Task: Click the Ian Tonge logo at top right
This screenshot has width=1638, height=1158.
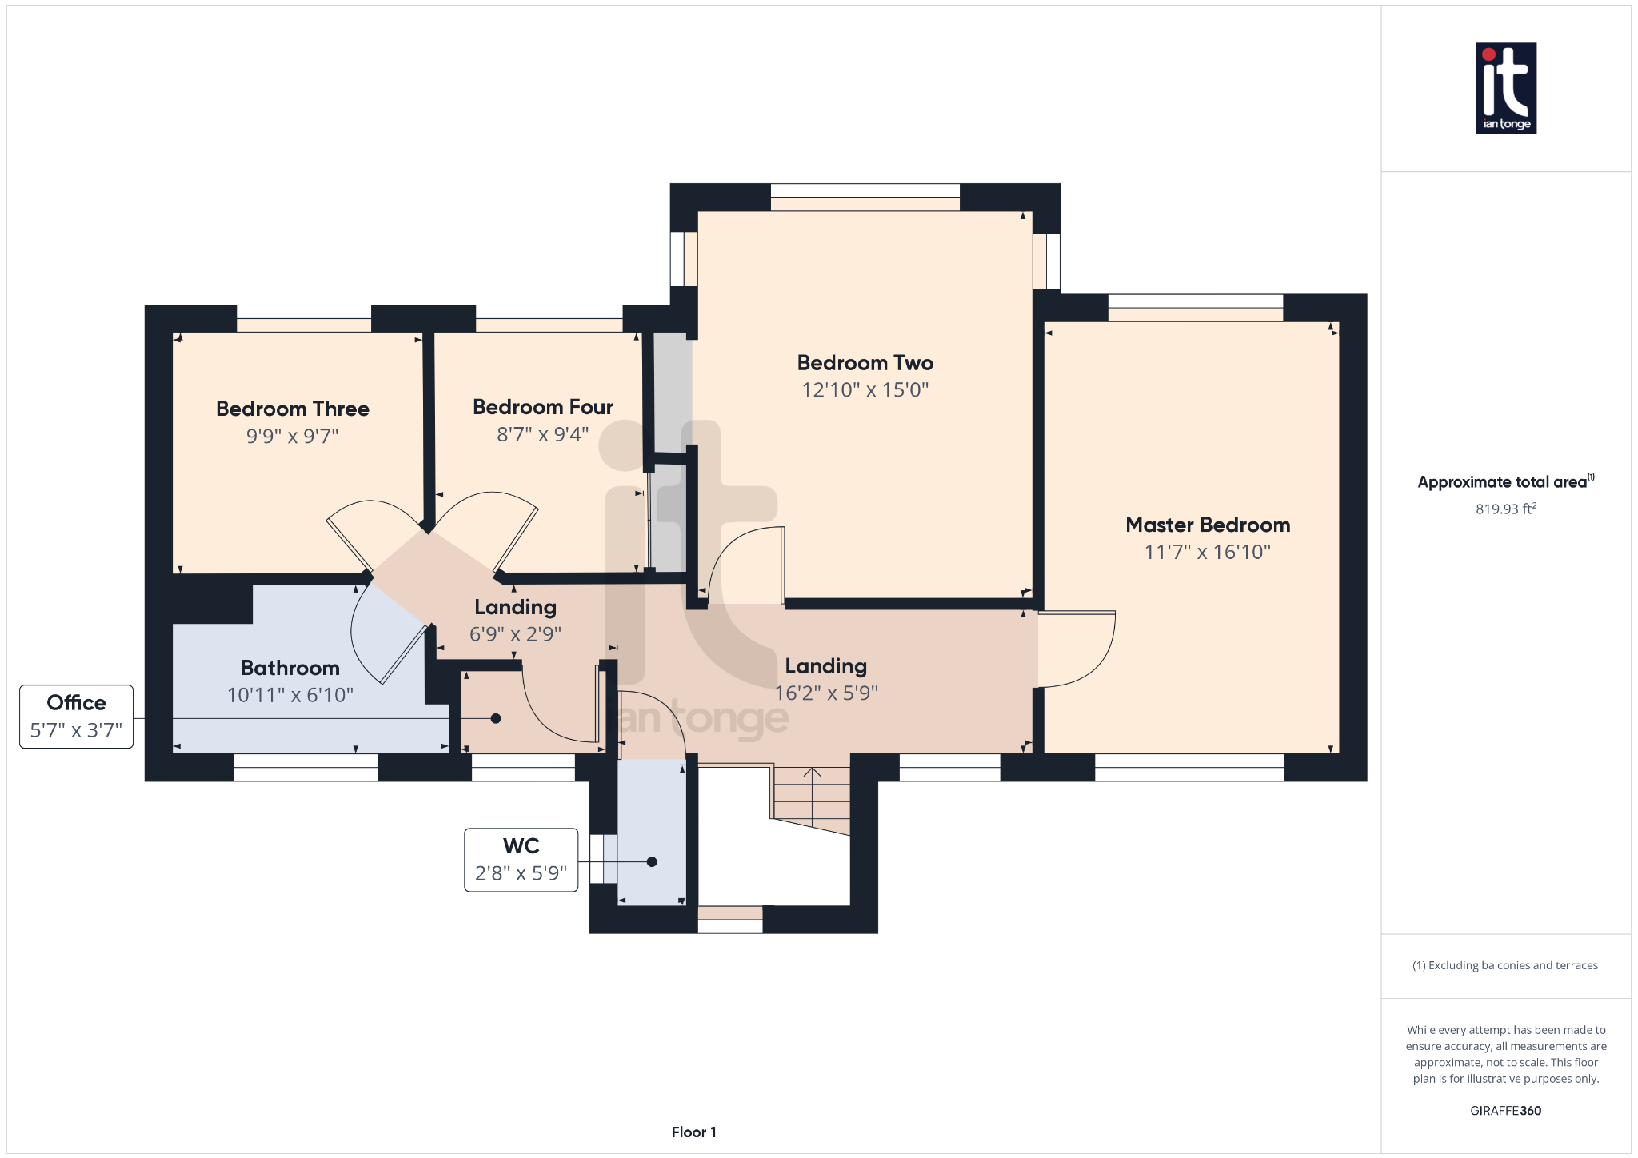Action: coord(1505,88)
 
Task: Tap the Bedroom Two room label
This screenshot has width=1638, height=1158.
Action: coord(865,363)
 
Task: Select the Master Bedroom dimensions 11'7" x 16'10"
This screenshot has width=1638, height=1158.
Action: coord(1207,552)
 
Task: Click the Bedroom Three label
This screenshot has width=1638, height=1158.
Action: coord(292,409)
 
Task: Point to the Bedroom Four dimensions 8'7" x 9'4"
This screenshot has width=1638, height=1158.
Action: coord(542,434)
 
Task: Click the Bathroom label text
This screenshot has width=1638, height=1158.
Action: coord(290,668)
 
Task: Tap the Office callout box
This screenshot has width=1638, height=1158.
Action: coord(76,717)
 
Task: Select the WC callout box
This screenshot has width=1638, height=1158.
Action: coord(521,860)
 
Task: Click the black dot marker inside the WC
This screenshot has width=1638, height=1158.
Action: coord(652,861)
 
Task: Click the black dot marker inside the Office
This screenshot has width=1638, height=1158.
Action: coord(496,718)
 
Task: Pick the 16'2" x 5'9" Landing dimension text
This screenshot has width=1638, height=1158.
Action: coord(825,693)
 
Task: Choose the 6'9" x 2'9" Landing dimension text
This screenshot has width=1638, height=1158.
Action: coord(515,634)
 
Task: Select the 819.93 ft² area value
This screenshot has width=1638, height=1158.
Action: coord(1505,509)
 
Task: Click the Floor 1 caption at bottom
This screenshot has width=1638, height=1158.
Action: coord(693,1132)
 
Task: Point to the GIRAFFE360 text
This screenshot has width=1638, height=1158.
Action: coord(1505,1110)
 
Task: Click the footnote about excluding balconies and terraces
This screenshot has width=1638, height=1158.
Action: coord(1504,965)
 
